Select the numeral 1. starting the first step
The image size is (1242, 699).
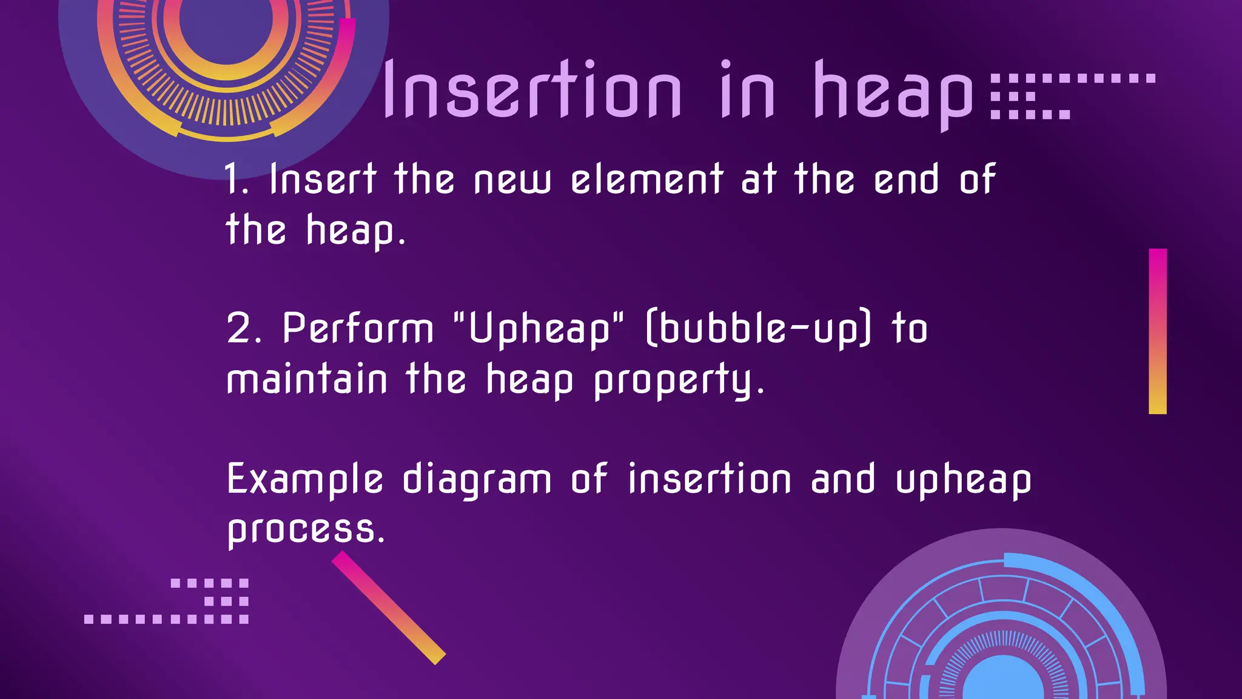click(236, 180)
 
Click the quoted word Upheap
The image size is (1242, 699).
click(539, 329)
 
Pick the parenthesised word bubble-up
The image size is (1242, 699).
click(759, 329)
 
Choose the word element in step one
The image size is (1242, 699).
click(647, 180)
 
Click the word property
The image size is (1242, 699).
click(678, 381)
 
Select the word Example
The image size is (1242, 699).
click(305, 480)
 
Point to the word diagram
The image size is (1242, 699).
click(477, 480)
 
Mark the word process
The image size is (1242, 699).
click(306, 530)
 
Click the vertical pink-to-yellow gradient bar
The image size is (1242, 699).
click(1158, 331)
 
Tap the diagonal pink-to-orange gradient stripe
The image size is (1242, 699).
click(389, 607)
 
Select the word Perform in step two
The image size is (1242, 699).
click(358, 329)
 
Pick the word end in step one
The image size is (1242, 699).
click(907, 180)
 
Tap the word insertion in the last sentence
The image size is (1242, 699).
click(710, 479)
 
